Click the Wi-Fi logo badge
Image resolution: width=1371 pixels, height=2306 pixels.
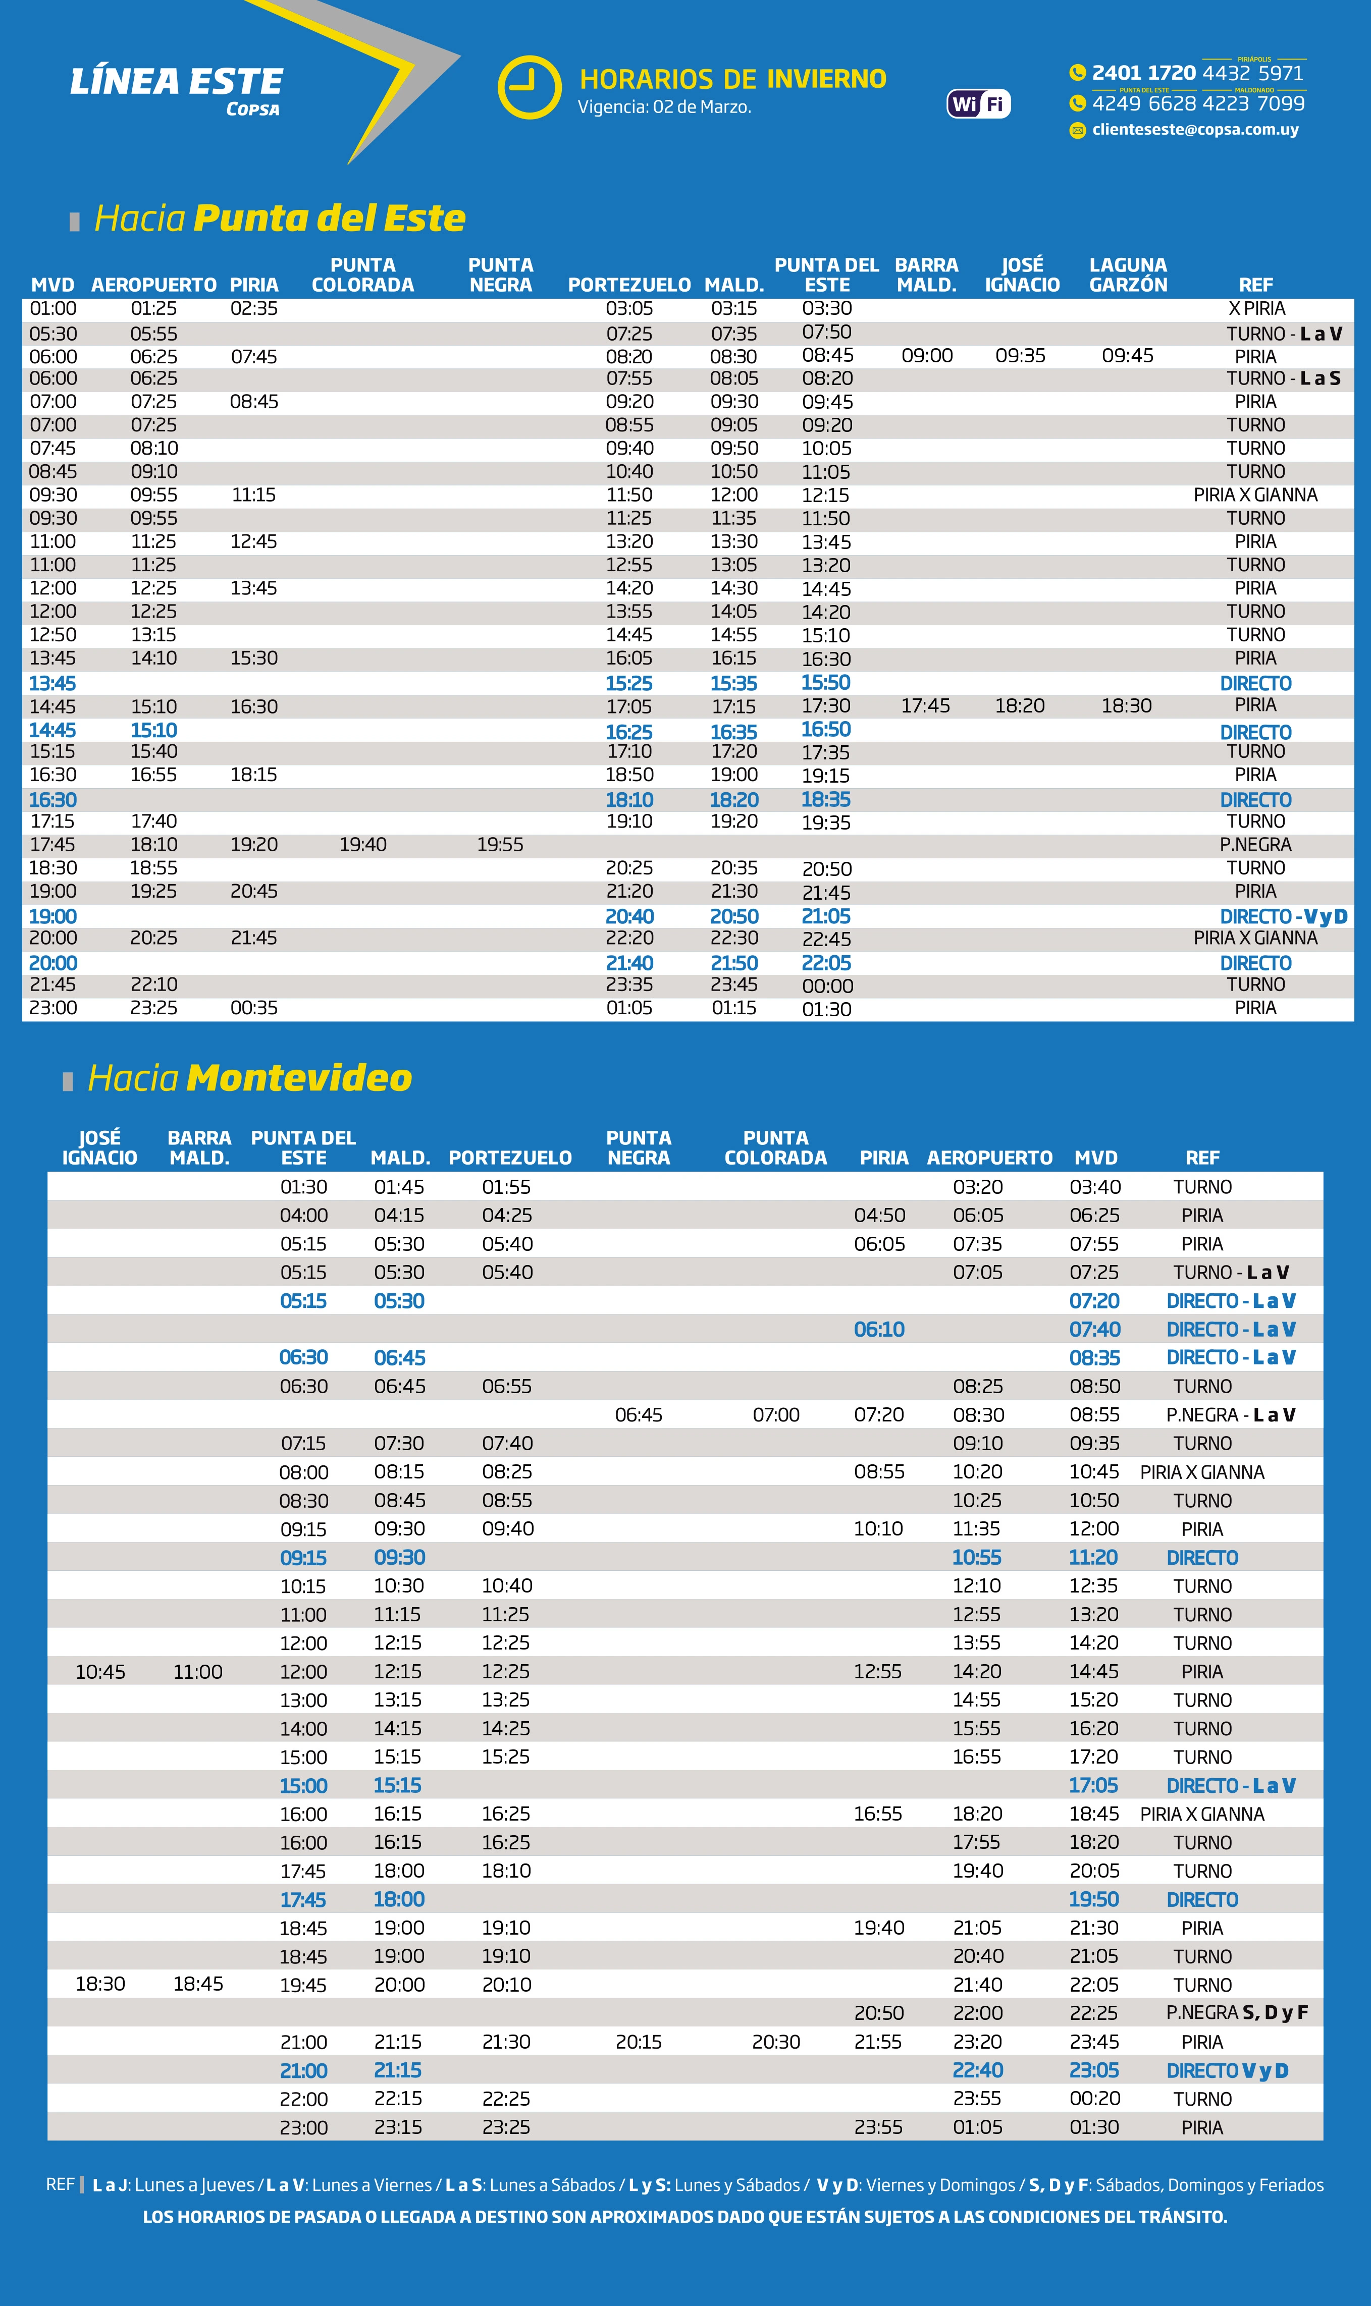click(978, 103)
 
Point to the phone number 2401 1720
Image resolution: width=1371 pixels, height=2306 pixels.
click(1144, 73)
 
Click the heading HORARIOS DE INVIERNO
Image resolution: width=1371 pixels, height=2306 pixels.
click(732, 79)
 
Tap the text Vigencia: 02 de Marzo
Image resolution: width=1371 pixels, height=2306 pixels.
click(664, 107)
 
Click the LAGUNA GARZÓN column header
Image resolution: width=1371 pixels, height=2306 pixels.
click(1128, 275)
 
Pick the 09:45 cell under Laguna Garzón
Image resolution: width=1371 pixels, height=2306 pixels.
click(1127, 356)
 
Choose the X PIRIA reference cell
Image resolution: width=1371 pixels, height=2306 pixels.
click(1256, 308)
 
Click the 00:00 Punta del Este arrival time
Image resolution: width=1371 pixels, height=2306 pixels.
click(827, 985)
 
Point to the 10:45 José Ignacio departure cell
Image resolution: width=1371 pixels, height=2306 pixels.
click(100, 1672)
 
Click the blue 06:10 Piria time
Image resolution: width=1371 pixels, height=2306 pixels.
click(879, 1330)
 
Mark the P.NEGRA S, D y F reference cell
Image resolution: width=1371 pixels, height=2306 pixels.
click(1236, 2012)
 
